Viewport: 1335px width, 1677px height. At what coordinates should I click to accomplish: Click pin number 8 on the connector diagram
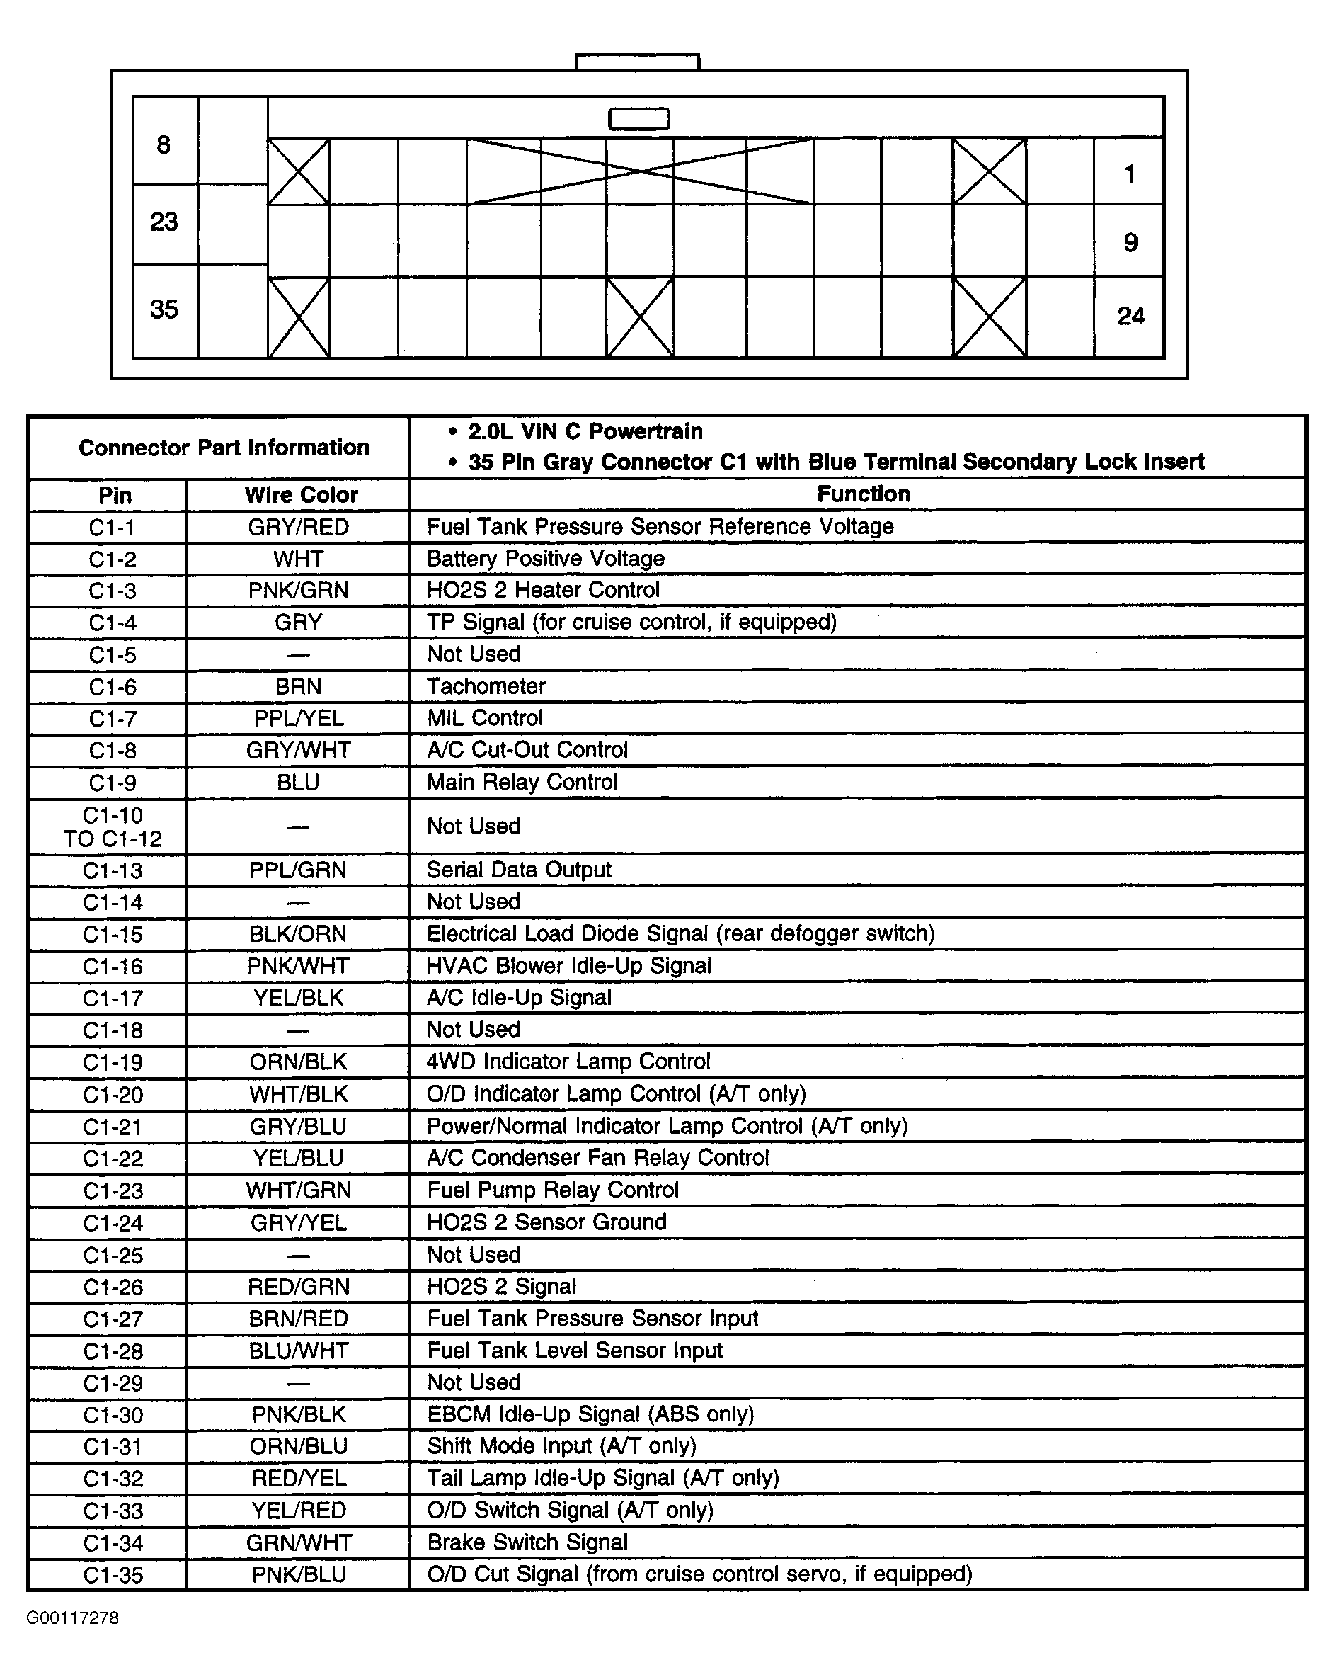coord(164,144)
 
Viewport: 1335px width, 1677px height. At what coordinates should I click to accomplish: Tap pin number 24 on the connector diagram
coord(1130,316)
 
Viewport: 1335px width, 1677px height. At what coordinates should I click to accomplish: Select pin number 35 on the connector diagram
coord(164,309)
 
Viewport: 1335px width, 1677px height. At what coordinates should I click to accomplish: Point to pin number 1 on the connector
coord(1130,174)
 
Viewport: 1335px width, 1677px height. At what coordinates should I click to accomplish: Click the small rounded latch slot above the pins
coord(638,119)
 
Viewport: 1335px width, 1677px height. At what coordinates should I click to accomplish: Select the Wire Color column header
coord(301,495)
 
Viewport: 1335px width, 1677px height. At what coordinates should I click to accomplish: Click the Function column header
coord(863,494)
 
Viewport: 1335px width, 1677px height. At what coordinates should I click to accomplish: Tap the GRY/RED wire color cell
coord(299,527)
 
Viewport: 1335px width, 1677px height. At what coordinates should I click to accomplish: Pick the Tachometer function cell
coord(486,686)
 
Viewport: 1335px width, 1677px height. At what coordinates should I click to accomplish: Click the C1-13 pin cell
coord(113,870)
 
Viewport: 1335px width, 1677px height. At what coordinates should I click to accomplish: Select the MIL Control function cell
coord(485,718)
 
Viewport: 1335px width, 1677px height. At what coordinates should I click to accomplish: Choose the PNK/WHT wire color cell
coord(299,966)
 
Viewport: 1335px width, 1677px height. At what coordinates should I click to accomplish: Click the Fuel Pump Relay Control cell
coord(553,1189)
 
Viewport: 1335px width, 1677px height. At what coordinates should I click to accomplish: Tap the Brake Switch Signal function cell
coord(527,1542)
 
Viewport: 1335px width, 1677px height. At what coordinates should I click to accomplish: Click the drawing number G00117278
coord(72,1618)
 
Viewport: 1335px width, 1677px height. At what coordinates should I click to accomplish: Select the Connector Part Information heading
coord(224,448)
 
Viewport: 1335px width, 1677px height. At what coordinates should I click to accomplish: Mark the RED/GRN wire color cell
coord(299,1287)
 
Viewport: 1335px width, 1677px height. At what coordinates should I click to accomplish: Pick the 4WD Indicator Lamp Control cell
coord(568,1062)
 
